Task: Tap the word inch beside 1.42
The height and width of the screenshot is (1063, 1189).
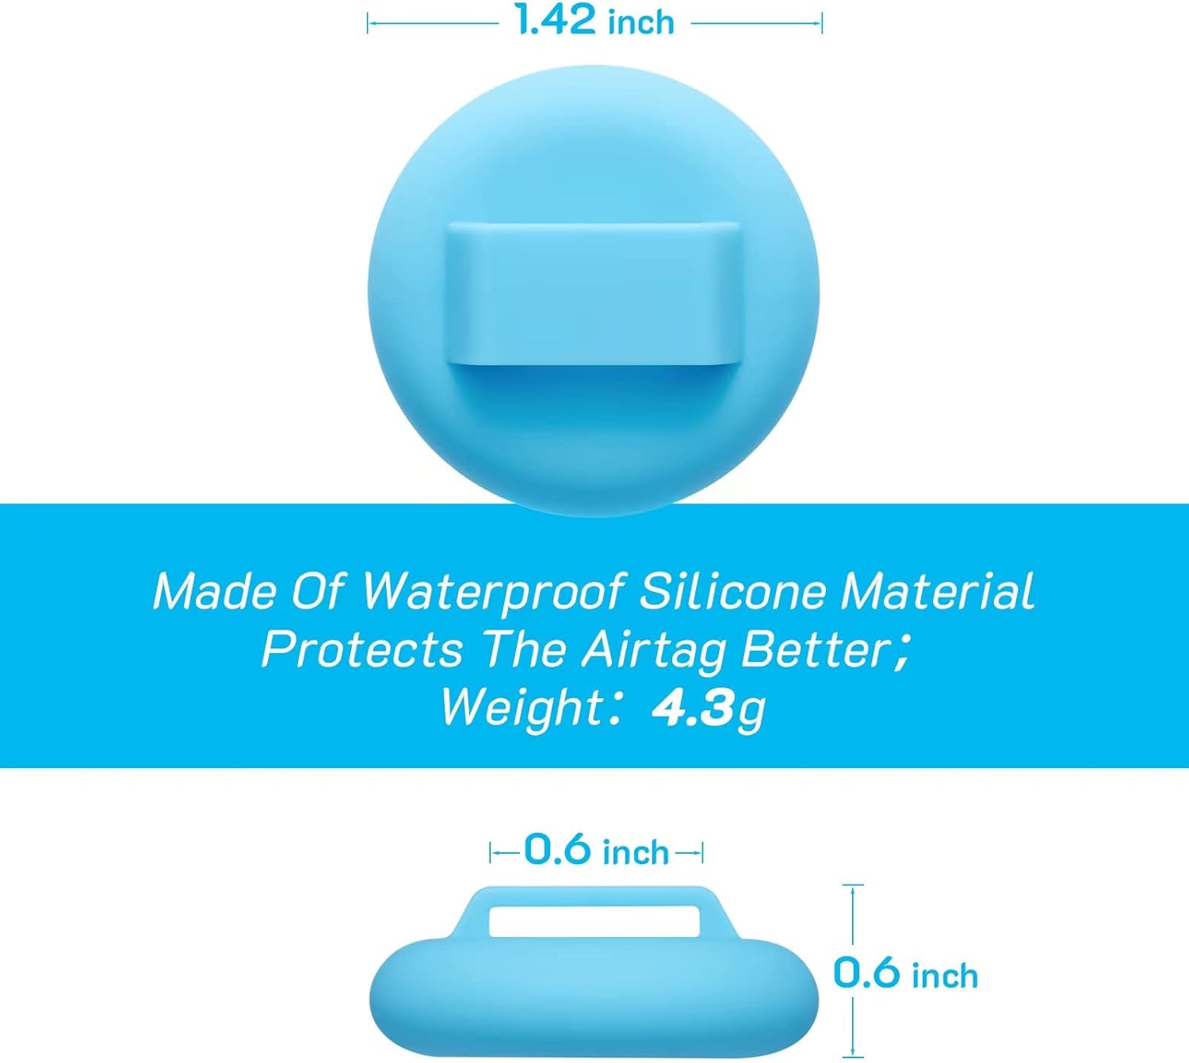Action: (x=641, y=23)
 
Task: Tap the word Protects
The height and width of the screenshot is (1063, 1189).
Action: (x=362, y=649)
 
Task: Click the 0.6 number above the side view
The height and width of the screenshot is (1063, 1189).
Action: (x=557, y=848)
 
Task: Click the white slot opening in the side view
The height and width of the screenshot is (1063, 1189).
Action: (x=595, y=922)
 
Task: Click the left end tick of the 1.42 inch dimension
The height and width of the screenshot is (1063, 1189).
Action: (x=367, y=24)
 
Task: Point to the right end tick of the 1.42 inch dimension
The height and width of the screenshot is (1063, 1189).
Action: (x=822, y=24)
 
